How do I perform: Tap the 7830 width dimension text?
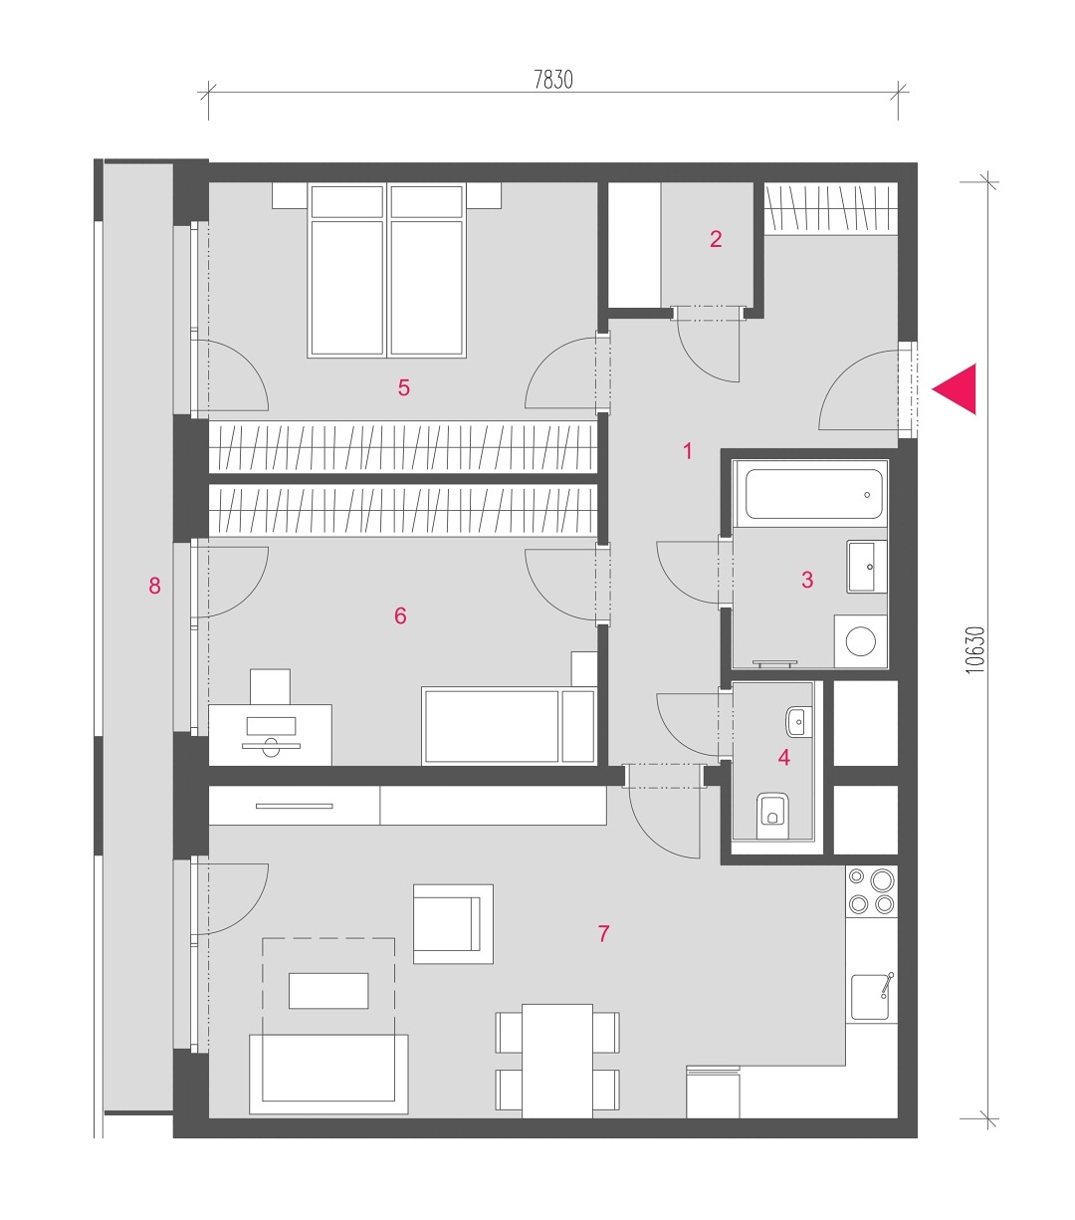(553, 80)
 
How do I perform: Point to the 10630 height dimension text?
(975, 649)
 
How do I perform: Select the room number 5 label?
(404, 387)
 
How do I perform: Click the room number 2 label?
(716, 239)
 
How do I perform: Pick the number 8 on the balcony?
(154, 586)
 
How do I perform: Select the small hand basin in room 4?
(798, 721)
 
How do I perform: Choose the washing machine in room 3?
(860, 641)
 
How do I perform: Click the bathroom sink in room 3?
(866, 567)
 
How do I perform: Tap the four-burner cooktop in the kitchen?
(871, 891)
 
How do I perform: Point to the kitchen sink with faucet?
(872, 997)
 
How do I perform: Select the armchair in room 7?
(453, 924)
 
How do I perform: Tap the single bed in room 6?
(510, 726)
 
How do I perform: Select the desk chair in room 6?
(270, 686)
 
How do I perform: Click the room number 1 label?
(688, 450)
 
